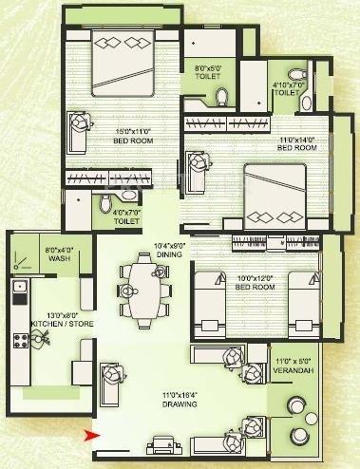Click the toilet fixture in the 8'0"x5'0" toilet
[222, 95]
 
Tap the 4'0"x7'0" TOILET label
[126, 216]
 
